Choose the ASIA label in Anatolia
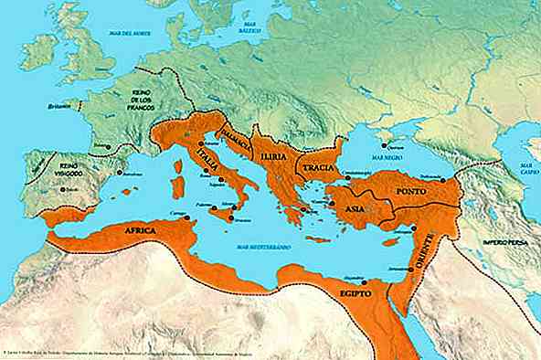point(356,209)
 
